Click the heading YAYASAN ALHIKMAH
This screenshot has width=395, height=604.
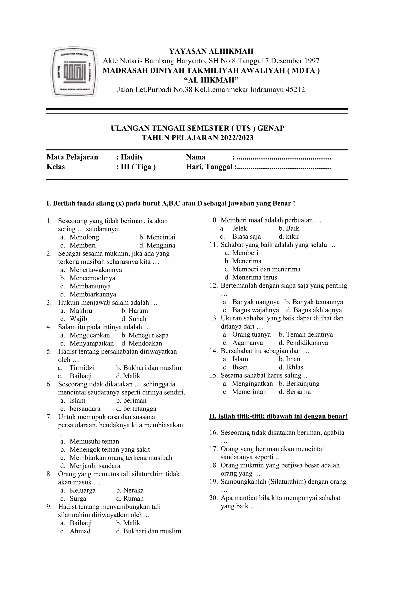click(211, 51)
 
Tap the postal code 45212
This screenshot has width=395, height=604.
click(295, 90)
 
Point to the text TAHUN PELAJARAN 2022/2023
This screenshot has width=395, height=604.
click(197, 138)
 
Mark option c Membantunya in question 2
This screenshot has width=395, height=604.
click(90, 286)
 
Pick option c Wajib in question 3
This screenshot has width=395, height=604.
click(78, 319)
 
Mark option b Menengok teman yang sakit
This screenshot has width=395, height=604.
click(110, 449)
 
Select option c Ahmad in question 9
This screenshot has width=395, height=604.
click(80, 531)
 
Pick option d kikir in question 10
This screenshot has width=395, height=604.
click(289, 237)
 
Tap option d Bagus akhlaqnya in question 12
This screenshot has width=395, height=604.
click(314, 310)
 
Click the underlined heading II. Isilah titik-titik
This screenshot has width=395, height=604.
click(278, 416)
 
